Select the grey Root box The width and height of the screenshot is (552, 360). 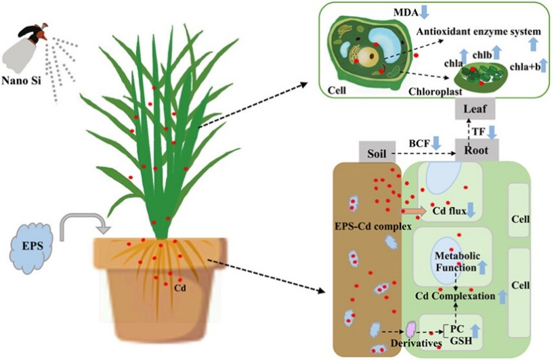click(x=477, y=150)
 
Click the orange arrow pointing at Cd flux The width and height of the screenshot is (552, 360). click(x=415, y=211)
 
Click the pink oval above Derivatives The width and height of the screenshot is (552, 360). click(x=410, y=329)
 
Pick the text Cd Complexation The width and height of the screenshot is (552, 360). click(x=452, y=296)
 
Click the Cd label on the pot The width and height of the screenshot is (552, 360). click(x=180, y=286)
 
